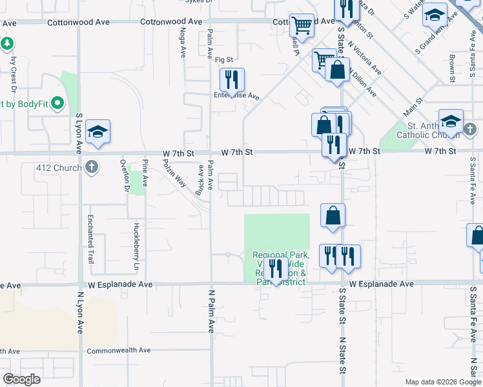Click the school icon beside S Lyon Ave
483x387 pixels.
click(98, 132)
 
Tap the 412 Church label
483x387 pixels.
click(60, 168)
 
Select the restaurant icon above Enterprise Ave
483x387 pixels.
click(231, 80)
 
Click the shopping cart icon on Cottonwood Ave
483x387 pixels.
click(302, 26)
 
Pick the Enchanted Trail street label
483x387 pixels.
click(90, 239)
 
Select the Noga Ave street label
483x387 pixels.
click(183, 40)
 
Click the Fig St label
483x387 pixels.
click(223, 59)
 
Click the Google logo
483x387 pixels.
click(21, 379)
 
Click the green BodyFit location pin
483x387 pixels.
click(57, 103)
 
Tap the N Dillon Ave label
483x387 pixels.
click(364, 80)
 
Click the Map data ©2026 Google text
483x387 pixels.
click(443, 382)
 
